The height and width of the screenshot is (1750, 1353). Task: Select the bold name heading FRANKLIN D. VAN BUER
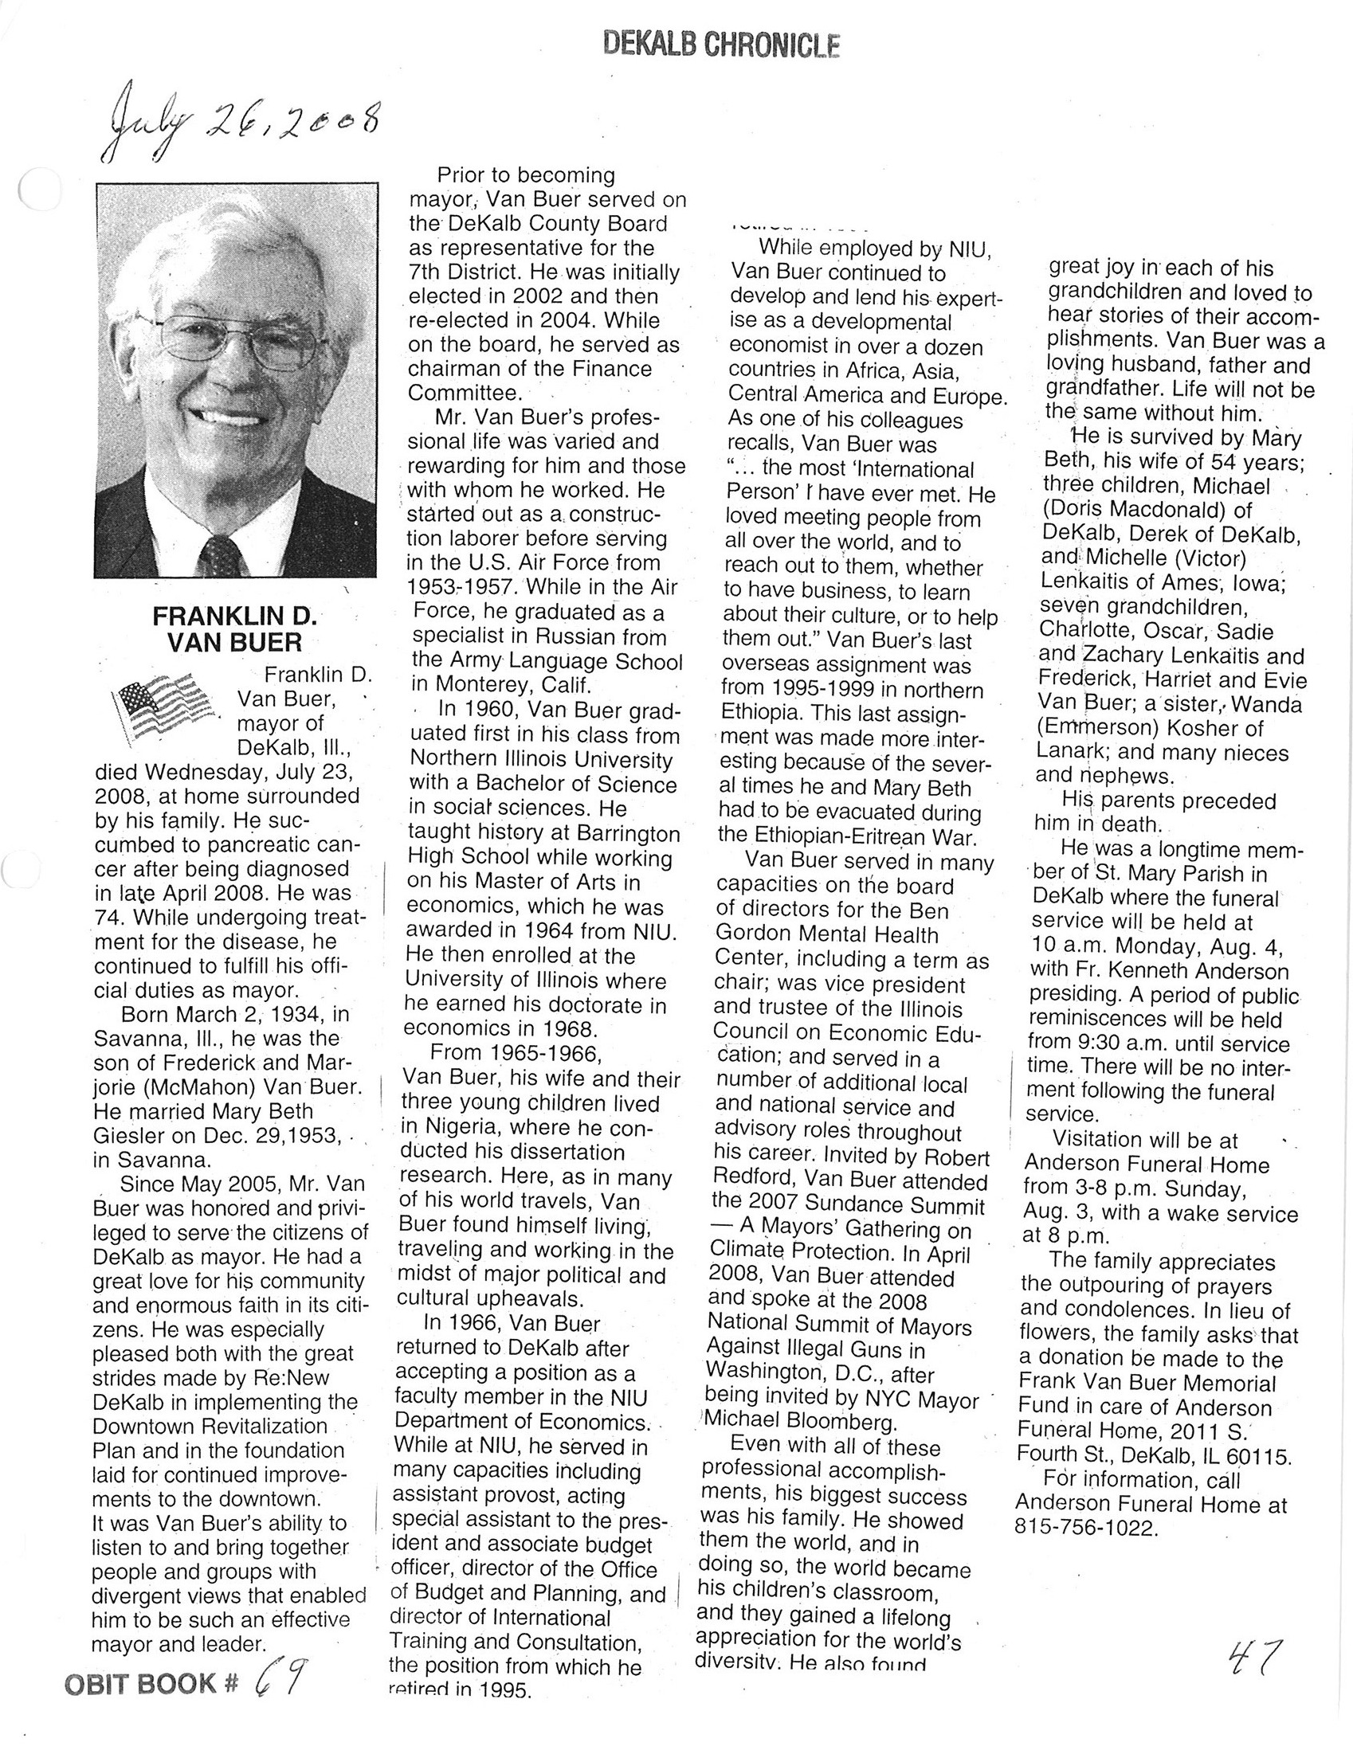click(x=235, y=629)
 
